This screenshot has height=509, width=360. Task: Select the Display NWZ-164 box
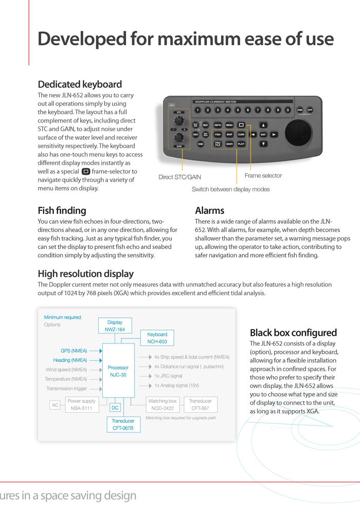115,325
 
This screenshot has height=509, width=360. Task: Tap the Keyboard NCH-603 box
157,338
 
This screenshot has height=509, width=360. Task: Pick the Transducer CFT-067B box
123,424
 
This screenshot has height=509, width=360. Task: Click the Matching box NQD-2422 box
162,405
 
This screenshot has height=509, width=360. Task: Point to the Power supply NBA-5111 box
81,405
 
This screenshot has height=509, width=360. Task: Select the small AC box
55,405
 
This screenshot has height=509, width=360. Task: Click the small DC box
115,408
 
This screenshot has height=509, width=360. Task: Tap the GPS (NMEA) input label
74,351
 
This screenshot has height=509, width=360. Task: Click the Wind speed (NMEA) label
66,370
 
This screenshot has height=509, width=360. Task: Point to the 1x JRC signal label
168,376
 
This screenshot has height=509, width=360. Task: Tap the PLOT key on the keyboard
241,144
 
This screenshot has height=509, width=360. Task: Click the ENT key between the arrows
263,135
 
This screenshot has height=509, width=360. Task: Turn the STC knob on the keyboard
179,120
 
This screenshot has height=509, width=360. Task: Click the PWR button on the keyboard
300,110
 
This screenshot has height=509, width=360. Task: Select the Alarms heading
210,210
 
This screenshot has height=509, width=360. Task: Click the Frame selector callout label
263,176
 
